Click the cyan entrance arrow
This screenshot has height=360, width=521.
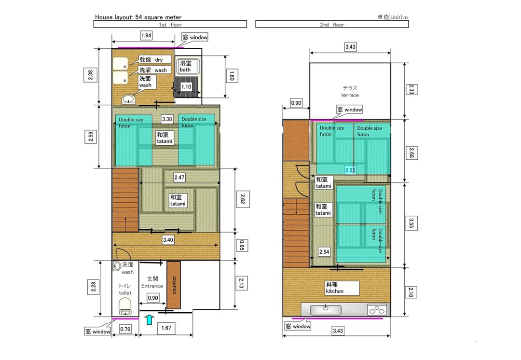tap(150, 319)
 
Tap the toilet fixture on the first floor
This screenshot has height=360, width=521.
tap(125, 306)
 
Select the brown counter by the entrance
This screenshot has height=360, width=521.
tap(174, 285)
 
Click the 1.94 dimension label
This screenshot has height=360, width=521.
tap(146, 35)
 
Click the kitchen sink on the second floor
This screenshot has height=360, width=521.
tap(326, 310)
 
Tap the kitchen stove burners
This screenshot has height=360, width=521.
tap(377, 310)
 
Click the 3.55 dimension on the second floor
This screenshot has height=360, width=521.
tap(411, 223)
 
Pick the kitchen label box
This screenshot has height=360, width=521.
tap(342, 288)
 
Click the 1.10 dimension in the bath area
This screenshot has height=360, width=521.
tap(186, 87)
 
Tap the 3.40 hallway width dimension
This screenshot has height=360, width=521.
tap(168, 240)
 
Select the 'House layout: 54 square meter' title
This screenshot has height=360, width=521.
tap(138, 17)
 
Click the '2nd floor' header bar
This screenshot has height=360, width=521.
tap(332, 24)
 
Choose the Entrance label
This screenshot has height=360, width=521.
tap(152, 286)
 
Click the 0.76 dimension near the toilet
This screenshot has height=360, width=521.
tap(125, 329)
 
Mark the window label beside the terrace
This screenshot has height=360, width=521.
tap(349, 110)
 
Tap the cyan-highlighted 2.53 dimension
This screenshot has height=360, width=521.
tap(350, 170)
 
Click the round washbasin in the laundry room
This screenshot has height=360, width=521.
tap(128, 99)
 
